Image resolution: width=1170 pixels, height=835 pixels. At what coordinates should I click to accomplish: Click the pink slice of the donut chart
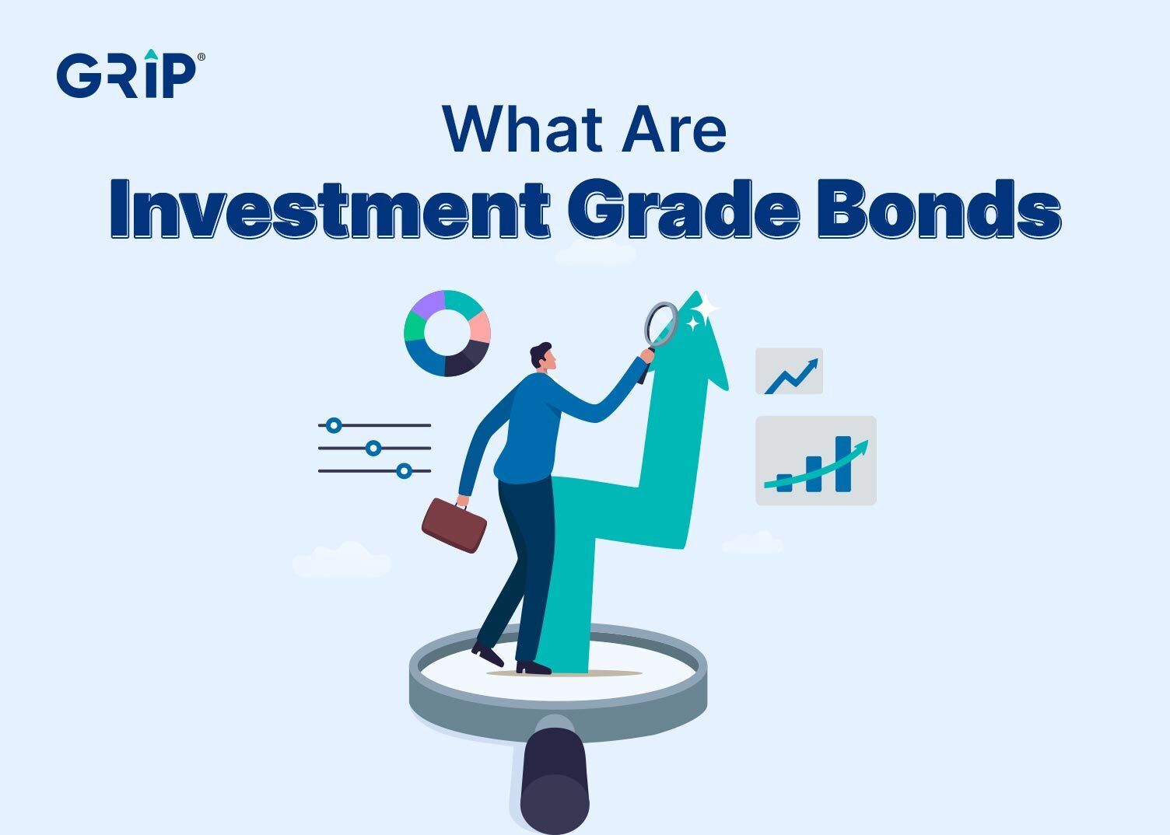(478, 327)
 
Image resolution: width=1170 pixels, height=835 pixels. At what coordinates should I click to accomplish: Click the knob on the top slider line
(334, 425)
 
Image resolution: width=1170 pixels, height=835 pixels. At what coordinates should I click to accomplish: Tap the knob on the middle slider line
(373, 448)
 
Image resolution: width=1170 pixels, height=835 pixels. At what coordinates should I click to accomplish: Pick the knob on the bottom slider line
(404, 470)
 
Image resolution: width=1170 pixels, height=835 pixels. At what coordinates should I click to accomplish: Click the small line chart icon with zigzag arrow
(789, 371)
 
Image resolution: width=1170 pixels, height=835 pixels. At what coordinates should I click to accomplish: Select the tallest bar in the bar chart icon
(842, 463)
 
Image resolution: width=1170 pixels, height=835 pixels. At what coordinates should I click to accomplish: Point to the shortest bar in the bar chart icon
(784, 483)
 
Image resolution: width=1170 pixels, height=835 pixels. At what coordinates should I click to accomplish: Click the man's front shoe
(534, 667)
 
